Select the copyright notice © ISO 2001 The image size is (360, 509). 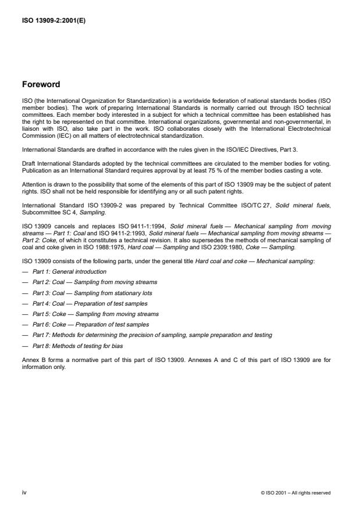(296, 492)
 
